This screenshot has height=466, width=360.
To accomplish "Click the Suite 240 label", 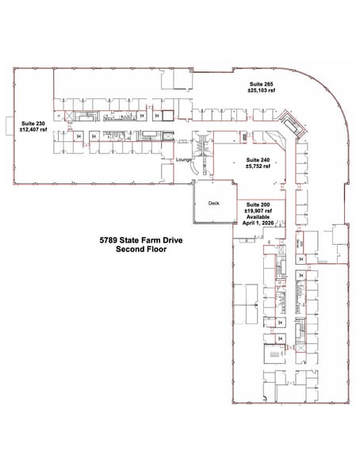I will [259, 160].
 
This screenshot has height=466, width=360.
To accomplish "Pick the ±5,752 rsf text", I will [259, 167].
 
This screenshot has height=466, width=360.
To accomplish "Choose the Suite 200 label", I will [259, 204].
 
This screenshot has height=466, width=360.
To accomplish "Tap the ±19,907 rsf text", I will [259, 210].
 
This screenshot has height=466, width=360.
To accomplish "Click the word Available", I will [259, 217].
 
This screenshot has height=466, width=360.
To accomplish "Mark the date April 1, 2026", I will [259, 223].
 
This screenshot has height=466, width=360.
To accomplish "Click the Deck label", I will [213, 203].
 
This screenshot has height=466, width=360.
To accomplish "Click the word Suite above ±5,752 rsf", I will [253, 160].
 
